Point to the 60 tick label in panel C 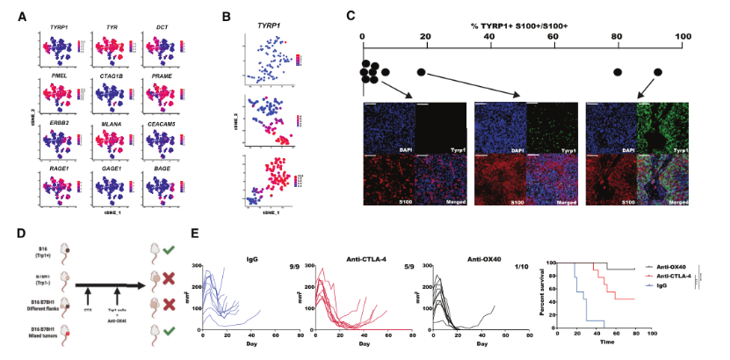553,36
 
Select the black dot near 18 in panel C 421,71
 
